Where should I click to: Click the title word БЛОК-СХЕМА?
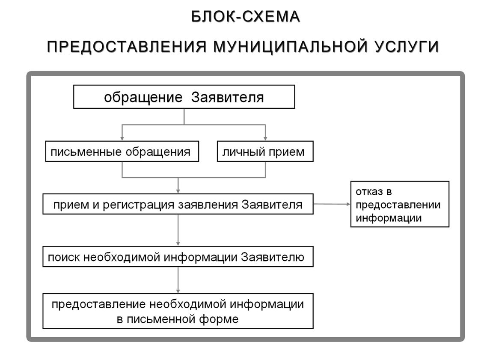click(x=246, y=17)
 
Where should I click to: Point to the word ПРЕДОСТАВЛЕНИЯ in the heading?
click(x=127, y=47)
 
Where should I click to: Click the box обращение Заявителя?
click(x=184, y=97)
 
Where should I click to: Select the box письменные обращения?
click(x=122, y=151)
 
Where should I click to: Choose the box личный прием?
click(x=265, y=151)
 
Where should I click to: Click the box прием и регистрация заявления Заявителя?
click(x=178, y=204)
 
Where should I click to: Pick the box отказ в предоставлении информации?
click(x=400, y=204)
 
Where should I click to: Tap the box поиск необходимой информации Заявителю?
click(x=178, y=256)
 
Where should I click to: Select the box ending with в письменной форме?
click(x=178, y=311)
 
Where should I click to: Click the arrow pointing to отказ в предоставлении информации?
click(x=332, y=204)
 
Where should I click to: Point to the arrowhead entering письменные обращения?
click(x=122, y=139)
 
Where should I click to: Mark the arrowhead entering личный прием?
click(x=265, y=139)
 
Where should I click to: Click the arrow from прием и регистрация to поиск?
click(x=178, y=230)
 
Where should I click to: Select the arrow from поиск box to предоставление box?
click(x=178, y=280)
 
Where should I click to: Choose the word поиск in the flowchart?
click(x=64, y=258)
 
